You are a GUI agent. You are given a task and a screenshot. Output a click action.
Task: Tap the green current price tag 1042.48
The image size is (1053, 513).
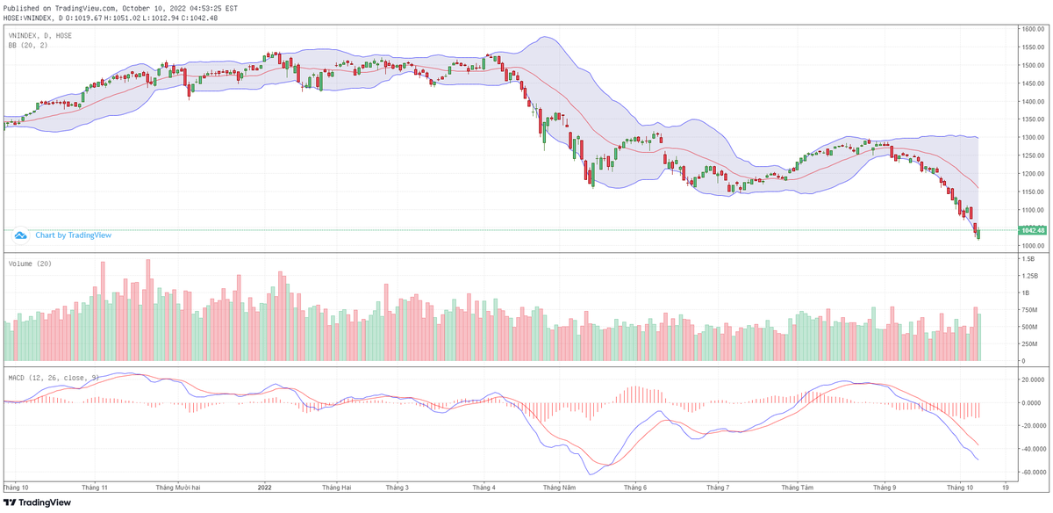1032,230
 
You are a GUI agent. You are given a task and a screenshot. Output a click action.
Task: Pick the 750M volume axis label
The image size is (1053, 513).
1028,310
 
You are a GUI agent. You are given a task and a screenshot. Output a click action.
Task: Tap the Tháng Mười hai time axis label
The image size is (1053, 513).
179,486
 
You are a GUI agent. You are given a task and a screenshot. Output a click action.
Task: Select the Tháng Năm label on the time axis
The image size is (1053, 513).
558,486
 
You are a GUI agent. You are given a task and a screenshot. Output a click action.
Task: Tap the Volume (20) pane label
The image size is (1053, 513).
28,263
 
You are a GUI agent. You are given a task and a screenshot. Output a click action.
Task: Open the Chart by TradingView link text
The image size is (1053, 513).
73,235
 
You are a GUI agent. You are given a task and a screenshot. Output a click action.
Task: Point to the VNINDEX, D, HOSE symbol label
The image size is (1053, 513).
39,35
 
